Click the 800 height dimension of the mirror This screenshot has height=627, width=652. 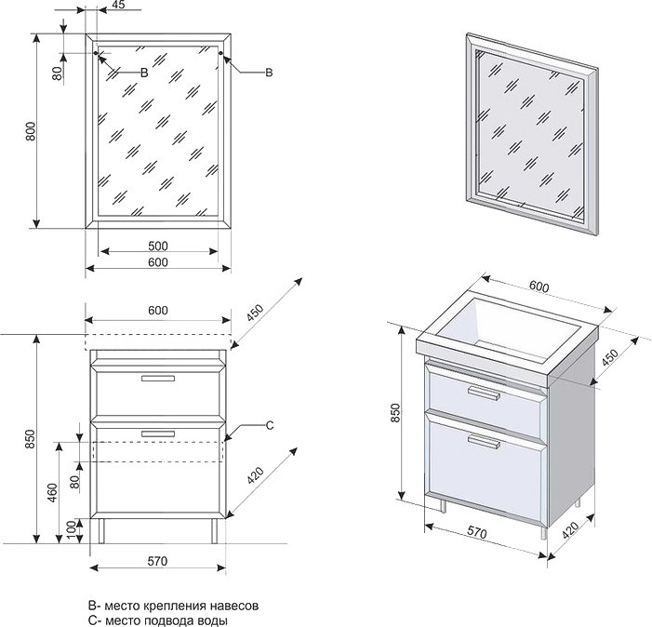coord(31,132)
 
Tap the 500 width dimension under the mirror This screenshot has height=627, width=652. coord(157,246)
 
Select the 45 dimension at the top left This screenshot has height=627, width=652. coord(118,6)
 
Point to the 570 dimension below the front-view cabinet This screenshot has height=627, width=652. coord(157,560)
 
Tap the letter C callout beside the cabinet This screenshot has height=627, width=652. coord(269,425)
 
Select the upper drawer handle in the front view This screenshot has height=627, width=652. coord(157,379)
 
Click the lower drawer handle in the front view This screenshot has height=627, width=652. coord(157,433)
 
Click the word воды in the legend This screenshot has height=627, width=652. coord(213,620)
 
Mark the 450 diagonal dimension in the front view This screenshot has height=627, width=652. coord(257,313)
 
